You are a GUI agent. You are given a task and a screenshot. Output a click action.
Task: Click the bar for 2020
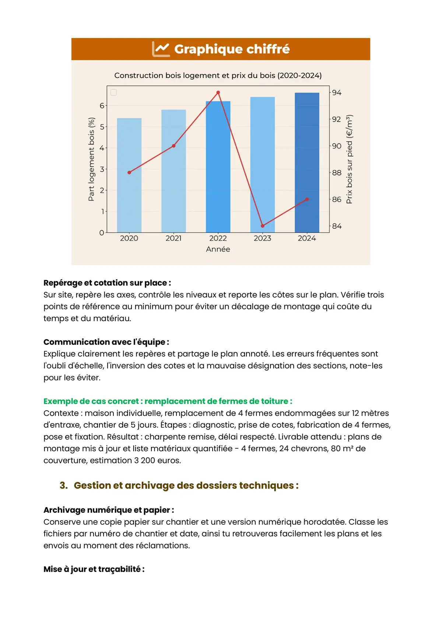129,175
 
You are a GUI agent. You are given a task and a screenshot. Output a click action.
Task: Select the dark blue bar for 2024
307,162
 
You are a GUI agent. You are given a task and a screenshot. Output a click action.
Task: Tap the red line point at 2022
218,93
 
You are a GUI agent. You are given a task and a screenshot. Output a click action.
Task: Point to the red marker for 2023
263,226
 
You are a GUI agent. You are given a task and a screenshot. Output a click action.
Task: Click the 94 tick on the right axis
337,93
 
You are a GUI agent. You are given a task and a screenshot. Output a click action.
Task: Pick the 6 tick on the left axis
102,105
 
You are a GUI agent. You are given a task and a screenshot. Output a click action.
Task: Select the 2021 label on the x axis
173,238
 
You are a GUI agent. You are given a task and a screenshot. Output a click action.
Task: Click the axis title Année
218,249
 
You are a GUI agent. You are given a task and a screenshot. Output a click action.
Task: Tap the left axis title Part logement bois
91,159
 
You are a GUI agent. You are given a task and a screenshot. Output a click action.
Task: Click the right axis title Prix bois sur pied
349,159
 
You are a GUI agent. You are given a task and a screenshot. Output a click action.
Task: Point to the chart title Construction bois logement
218,75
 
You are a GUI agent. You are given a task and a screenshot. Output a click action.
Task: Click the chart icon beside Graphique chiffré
161,49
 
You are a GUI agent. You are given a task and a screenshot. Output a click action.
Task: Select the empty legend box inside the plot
114,92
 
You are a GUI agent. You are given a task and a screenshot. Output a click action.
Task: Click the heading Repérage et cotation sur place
107,283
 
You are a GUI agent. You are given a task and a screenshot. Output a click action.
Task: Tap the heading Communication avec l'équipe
106,342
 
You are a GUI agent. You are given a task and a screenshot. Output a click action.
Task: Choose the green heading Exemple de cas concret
168,401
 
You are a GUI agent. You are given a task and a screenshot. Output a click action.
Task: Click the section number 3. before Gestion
64,485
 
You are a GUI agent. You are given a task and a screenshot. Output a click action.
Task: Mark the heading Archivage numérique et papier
109,510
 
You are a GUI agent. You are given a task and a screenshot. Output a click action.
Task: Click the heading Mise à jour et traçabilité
94,569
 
